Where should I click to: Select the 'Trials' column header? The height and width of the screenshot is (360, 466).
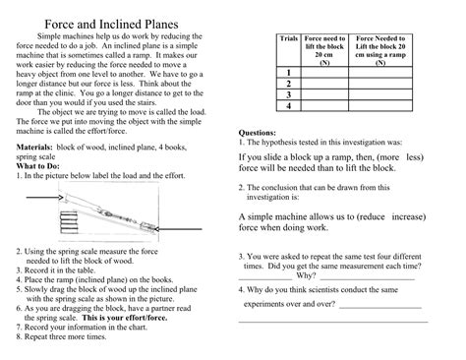pyautogui.click(x=288, y=38)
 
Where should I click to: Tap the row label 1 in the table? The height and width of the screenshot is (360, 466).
pyautogui.click(x=288, y=75)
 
